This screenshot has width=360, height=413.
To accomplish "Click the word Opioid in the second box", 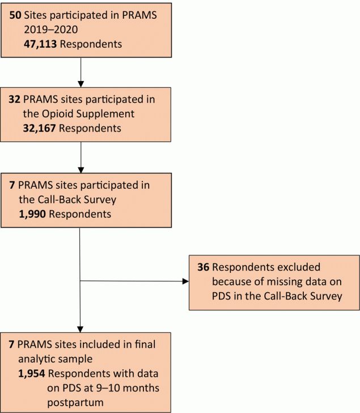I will tap(57, 113).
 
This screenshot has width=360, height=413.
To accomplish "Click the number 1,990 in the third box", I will tap(35, 214).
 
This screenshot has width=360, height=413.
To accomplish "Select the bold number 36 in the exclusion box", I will tap(203, 267).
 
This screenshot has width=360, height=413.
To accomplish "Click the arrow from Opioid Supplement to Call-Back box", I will tap(81, 155).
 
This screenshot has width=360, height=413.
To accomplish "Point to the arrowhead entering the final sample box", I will tap(80, 328).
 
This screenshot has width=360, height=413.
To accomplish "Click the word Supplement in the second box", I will tap(107, 113).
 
